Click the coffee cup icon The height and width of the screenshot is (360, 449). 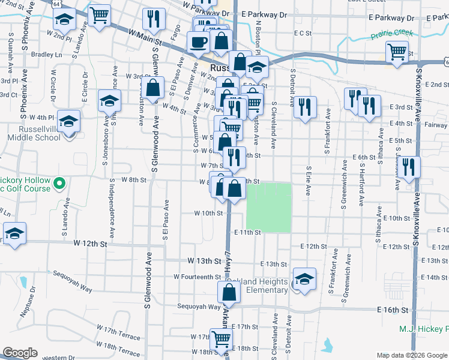[197, 42]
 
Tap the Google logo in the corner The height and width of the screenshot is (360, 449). [20, 353]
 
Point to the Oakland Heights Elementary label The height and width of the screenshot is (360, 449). [258, 286]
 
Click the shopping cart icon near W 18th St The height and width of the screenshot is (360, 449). [221, 338]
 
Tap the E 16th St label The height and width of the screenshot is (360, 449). [393, 310]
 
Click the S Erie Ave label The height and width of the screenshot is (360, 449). [308, 181]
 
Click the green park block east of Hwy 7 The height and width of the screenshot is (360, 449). [269, 208]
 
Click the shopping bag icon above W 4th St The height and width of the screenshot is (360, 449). [154, 88]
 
